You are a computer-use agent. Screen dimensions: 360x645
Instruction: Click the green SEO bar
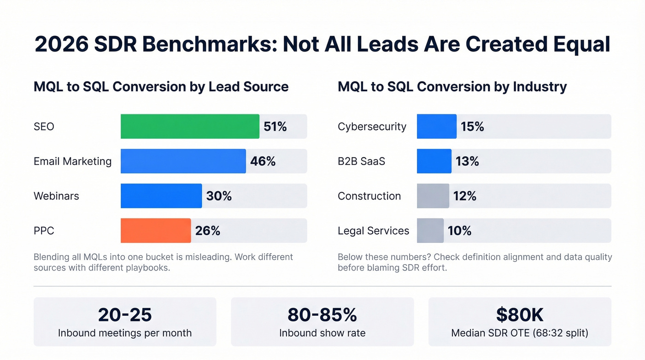tap(190, 126)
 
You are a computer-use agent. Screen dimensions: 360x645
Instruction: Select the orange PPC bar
tap(156, 230)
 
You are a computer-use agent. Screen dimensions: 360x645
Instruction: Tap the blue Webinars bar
tap(161, 196)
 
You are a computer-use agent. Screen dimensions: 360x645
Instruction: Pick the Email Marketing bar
tap(183, 161)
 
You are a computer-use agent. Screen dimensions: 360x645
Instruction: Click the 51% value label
tap(275, 126)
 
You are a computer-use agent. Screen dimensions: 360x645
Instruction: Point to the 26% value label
tap(207, 230)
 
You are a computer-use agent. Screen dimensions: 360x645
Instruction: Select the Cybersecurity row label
tap(372, 127)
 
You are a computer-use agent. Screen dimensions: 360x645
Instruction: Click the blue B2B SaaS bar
tap(434, 161)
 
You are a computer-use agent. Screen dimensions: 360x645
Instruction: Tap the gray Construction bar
tap(433, 196)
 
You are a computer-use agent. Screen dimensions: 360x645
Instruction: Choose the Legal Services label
tap(373, 231)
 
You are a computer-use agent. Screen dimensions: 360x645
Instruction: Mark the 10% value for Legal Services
tap(459, 230)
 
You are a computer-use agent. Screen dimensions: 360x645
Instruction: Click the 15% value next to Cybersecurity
tap(472, 126)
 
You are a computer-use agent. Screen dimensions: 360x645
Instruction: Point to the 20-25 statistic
tap(124, 314)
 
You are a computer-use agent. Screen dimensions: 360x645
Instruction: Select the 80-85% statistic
tap(322, 314)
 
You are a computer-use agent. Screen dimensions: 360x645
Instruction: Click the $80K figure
tap(520, 314)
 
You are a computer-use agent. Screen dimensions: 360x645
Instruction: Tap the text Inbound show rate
tap(322, 333)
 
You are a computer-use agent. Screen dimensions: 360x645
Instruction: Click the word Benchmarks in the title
tap(205, 45)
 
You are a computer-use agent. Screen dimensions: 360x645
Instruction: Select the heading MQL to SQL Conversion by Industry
tap(452, 87)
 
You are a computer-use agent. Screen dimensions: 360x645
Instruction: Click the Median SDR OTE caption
tap(520, 333)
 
